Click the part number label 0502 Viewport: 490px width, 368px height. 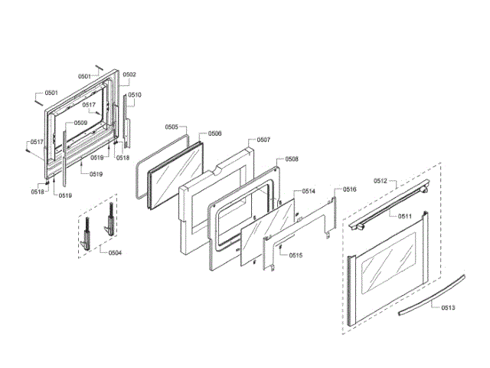tap(129, 74)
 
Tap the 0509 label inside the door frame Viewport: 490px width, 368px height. tap(80, 123)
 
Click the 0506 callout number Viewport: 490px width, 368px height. tap(215, 133)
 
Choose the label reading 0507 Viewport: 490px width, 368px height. tap(263, 140)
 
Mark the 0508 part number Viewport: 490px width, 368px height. tap(292, 159)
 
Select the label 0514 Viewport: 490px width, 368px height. tap(309, 191)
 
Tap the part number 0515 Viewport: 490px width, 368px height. tap(296, 255)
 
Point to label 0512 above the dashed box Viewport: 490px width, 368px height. tap(381, 181)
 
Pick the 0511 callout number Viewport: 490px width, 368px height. tap(405, 216)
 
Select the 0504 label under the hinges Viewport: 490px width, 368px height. tap(114, 252)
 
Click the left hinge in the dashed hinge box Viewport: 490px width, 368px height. tap(89, 230)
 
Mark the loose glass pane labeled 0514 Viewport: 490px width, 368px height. tap(268, 230)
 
